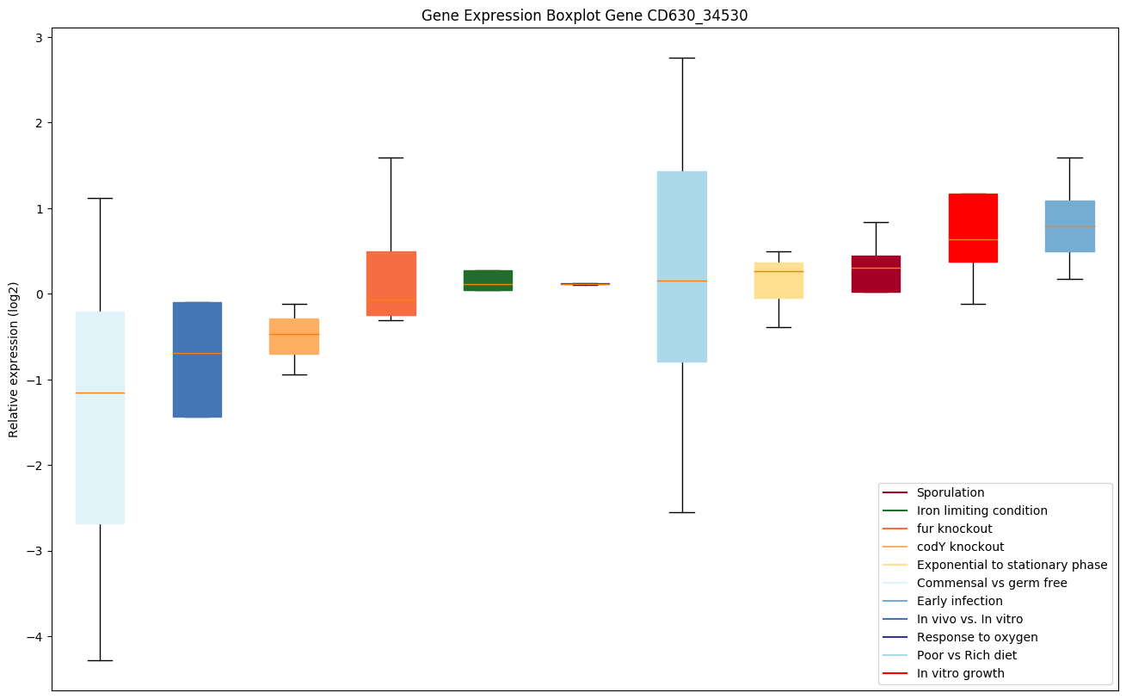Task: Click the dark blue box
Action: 197,359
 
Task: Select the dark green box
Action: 488,281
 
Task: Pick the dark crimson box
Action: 876,274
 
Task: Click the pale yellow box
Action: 778,281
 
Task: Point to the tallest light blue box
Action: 682,266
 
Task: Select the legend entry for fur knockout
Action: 954,529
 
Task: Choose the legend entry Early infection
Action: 959,601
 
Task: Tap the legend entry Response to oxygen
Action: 976,637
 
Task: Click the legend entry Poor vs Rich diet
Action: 966,655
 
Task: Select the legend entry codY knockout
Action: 960,547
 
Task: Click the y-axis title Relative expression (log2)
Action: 14,359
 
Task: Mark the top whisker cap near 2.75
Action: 682,58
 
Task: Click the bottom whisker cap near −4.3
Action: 100,660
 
